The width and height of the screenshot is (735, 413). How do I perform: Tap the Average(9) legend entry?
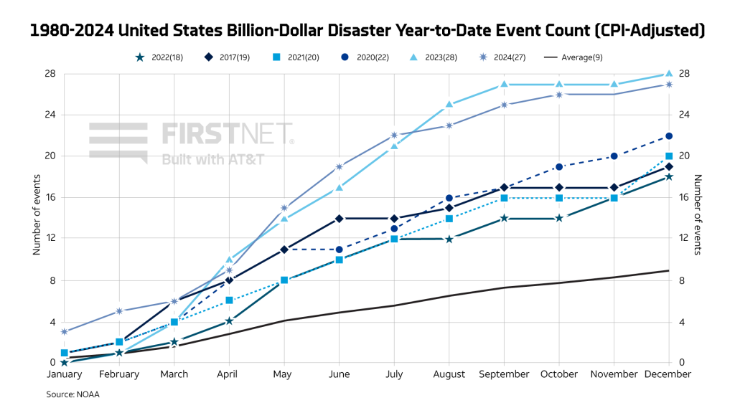(572, 57)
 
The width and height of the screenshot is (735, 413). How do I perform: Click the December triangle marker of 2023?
(669, 73)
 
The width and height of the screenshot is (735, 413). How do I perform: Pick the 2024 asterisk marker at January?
(65, 332)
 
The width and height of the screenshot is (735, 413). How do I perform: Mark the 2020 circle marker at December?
(669, 136)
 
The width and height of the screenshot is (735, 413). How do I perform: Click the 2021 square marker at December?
(669, 156)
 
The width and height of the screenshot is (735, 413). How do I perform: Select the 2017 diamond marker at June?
(340, 218)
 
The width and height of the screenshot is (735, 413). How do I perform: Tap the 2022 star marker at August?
(449, 239)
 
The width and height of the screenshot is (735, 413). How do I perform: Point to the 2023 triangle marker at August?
(449, 104)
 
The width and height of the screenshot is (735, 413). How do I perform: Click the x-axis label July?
(394, 374)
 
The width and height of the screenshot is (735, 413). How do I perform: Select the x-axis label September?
(504, 374)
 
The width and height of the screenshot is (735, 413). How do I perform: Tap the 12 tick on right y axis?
(684, 239)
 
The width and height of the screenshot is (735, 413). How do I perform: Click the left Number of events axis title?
(37, 219)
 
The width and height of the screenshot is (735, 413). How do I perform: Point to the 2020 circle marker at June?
(340, 249)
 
